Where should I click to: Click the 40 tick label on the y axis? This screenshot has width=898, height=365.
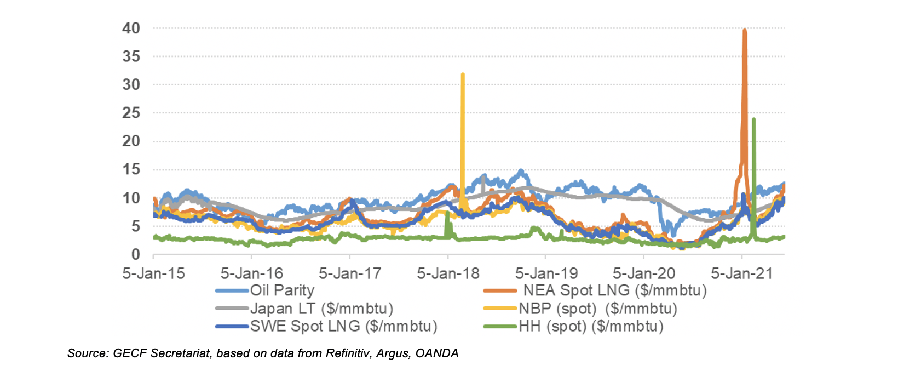[x=131, y=28]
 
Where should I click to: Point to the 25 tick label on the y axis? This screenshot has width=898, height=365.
[x=131, y=113]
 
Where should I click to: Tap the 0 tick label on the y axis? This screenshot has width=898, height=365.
[x=135, y=254]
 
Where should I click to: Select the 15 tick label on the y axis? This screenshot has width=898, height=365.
[x=131, y=169]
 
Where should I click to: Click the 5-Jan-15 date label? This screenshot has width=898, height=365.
[x=153, y=273]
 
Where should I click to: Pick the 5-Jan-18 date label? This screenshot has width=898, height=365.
[x=448, y=273]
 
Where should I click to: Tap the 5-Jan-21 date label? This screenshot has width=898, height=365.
[x=742, y=273]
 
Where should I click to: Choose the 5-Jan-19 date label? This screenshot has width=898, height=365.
[x=546, y=273]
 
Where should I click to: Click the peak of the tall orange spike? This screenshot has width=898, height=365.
[x=744, y=31]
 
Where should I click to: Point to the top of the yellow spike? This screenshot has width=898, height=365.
[x=463, y=74]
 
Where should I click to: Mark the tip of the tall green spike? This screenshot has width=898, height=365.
[x=754, y=119]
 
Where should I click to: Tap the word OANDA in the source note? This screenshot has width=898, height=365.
[x=437, y=353]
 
